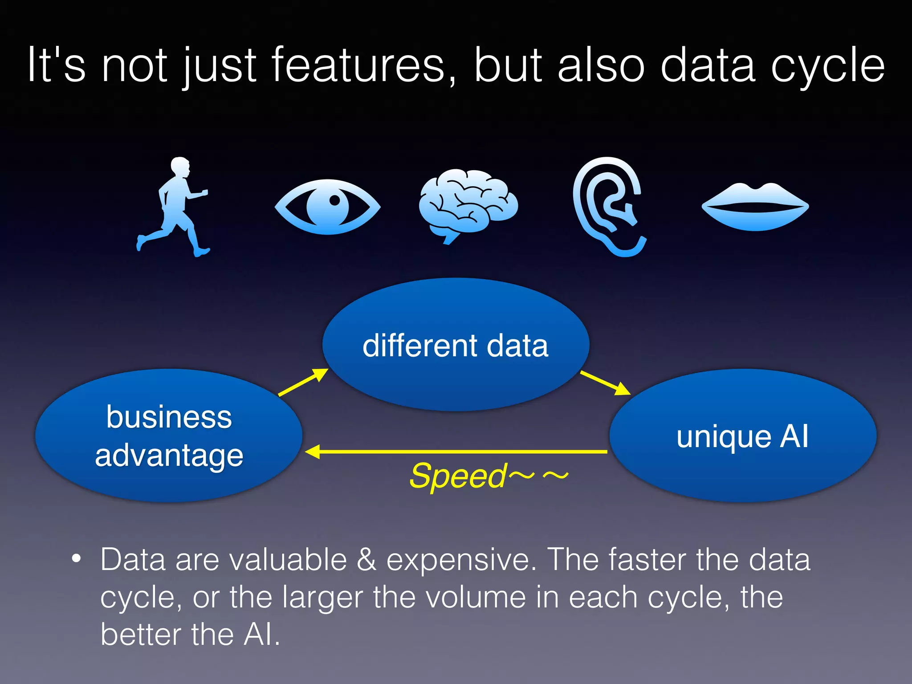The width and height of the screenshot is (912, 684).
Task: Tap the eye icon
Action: click(x=328, y=207)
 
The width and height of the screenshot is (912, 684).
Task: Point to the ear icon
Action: click(x=608, y=205)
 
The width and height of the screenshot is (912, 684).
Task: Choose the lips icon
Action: click(x=755, y=207)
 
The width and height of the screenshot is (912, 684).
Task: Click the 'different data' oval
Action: click(x=456, y=345)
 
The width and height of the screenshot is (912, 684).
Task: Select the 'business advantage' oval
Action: click(x=169, y=436)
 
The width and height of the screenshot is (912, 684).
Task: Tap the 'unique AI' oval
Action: click(x=742, y=436)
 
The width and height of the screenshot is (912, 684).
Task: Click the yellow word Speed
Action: click(x=458, y=476)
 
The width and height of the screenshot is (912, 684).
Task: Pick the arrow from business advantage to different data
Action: click(x=303, y=382)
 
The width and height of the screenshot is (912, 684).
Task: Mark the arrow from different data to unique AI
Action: click(x=605, y=383)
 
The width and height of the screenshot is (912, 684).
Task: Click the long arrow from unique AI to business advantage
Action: click(x=456, y=452)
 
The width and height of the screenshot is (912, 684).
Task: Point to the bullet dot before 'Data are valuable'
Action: click(x=77, y=558)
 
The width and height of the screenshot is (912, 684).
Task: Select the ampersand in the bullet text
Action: click(x=366, y=559)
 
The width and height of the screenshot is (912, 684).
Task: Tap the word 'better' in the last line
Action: click(x=140, y=634)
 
